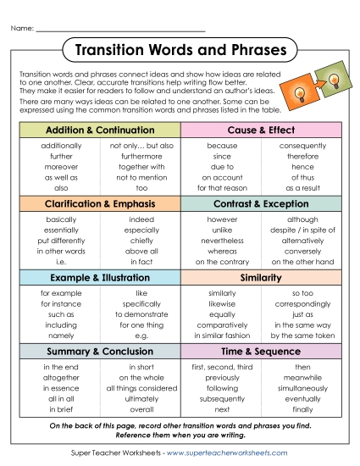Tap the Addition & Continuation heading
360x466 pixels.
99,130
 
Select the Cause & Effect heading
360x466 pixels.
261,130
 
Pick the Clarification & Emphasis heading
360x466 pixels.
99,204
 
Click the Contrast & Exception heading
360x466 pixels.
261,204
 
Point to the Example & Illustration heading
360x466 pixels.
99,277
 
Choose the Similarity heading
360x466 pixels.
261,277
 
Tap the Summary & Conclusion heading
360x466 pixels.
99,351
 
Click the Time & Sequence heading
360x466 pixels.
261,351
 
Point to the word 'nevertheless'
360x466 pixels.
222,241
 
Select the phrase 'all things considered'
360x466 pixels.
141,386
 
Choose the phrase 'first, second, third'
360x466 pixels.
222,366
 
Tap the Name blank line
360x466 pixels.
119,30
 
